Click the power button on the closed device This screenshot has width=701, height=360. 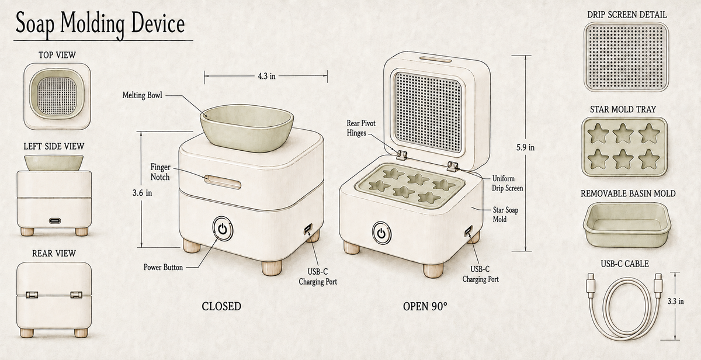click(x=223, y=229)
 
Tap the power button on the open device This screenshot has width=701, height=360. click(x=381, y=233)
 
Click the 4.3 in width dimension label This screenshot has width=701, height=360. click(x=266, y=76)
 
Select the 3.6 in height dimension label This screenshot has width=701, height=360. click(x=142, y=193)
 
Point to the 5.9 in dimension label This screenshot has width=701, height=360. click(x=525, y=147)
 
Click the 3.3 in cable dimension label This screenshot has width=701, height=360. click(x=676, y=301)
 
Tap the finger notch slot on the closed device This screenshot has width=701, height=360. click(x=223, y=182)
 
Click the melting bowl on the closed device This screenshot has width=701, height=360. click(x=247, y=128)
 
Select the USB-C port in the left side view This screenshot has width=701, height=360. click(x=55, y=221)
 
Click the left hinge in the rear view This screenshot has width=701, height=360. click(x=32, y=295)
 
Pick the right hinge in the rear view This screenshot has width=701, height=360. click(x=76, y=295)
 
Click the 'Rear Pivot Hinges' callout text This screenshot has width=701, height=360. click(x=361, y=128)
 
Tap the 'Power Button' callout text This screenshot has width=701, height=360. click(x=163, y=267)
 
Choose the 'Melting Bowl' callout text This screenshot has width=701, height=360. click(x=143, y=95)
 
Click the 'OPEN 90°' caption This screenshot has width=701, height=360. click(x=425, y=306)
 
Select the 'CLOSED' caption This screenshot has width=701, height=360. click(x=221, y=306)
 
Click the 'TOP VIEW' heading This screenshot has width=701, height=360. click(x=57, y=56)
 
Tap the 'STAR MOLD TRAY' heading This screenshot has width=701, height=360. click(x=623, y=109)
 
